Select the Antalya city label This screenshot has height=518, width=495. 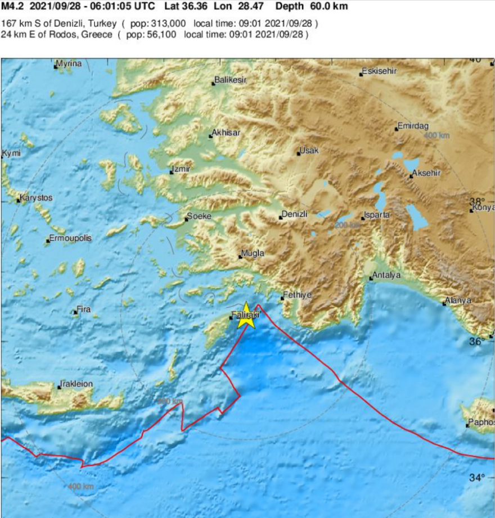(387, 275)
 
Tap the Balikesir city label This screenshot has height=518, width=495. (231, 81)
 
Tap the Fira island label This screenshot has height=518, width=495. (83, 309)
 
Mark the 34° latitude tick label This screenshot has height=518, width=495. (478, 478)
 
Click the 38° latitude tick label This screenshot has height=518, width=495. (477, 201)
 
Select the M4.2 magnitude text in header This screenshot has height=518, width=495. (12, 7)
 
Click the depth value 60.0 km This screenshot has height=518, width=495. (328, 7)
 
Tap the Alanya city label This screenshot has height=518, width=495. (458, 301)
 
